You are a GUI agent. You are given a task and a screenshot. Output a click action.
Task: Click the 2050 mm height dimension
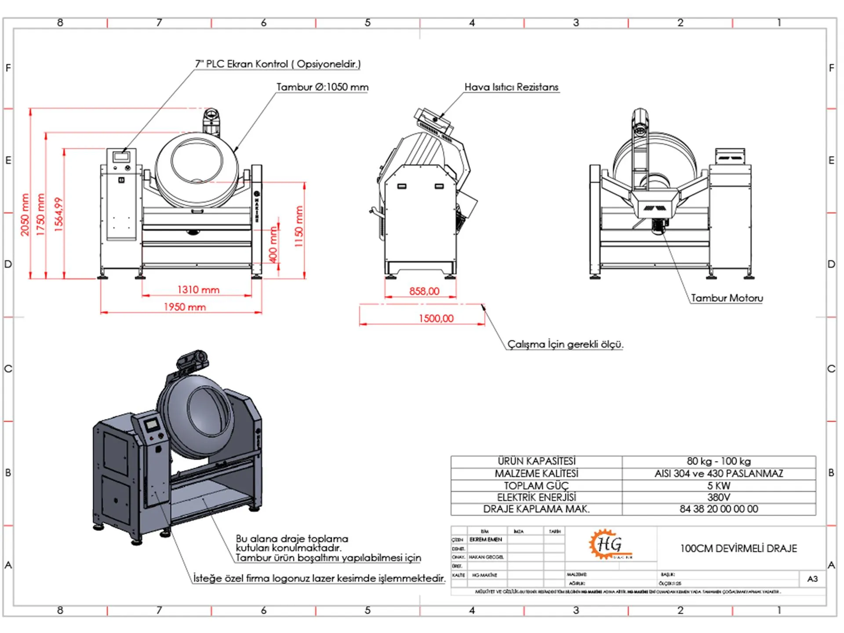click(25, 215)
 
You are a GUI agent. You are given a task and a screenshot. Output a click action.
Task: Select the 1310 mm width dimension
click(198, 290)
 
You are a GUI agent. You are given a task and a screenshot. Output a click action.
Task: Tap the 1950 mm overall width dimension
click(185, 307)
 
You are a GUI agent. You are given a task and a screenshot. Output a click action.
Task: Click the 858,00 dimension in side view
click(424, 291)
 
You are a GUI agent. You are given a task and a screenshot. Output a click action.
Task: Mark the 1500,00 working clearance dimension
click(436, 318)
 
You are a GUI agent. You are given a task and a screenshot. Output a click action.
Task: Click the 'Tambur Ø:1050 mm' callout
click(322, 87)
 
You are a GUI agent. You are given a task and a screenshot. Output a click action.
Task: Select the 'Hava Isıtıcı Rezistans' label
click(511, 87)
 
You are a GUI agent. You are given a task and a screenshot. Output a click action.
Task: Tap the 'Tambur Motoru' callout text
click(727, 298)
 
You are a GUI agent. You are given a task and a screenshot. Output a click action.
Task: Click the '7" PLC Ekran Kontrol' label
click(277, 64)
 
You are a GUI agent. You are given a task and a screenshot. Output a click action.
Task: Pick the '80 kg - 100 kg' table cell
click(719, 461)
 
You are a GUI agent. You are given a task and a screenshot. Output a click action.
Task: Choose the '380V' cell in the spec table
click(719, 497)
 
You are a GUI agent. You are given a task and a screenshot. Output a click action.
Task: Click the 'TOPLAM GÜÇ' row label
click(536, 486)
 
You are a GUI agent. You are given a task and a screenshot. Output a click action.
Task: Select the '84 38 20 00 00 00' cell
click(719, 509)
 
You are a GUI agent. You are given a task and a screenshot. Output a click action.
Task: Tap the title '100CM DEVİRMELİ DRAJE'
click(738, 548)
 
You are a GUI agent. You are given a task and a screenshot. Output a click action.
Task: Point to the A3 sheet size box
click(812, 579)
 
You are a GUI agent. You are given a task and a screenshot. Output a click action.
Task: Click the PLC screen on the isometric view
click(152, 425)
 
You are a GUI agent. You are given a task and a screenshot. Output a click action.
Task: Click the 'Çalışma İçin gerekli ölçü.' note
click(565, 344)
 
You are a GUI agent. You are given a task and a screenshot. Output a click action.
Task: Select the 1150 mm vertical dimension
click(299, 226)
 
